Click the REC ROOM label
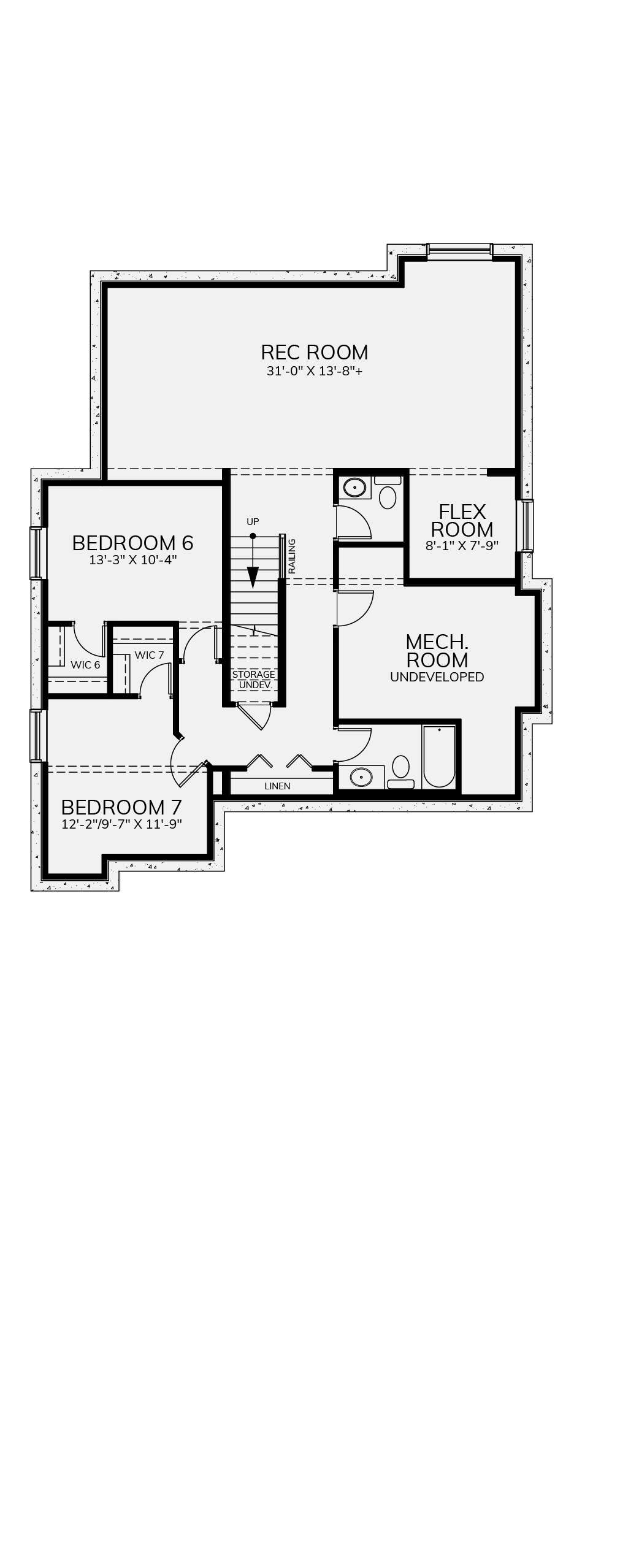pyautogui.click(x=314, y=352)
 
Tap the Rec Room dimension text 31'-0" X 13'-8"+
pyautogui.click(x=314, y=371)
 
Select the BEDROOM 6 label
pyautogui.click(x=132, y=543)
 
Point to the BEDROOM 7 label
pyautogui.click(x=121, y=807)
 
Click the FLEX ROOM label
pyautogui.click(x=462, y=520)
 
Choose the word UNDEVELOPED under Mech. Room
pyautogui.click(x=437, y=677)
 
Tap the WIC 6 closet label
pyautogui.click(x=85, y=665)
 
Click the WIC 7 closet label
pyautogui.click(x=149, y=655)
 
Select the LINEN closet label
pyautogui.click(x=277, y=786)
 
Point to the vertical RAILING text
pyautogui.click(x=292, y=556)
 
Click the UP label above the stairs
pyautogui.click(x=253, y=522)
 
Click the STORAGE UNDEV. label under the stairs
pyautogui.click(x=253, y=680)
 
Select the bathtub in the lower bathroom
pyautogui.click(x=438, y=757)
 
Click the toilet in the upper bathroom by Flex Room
pyautogui.click(x=388, y=493)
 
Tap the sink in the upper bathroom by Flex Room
pyautogui.click(x=354, y=488)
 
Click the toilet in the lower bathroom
pyautogui.click(x=400, y=772)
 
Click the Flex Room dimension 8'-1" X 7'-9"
pyautogui.click(x=462, y=545)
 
